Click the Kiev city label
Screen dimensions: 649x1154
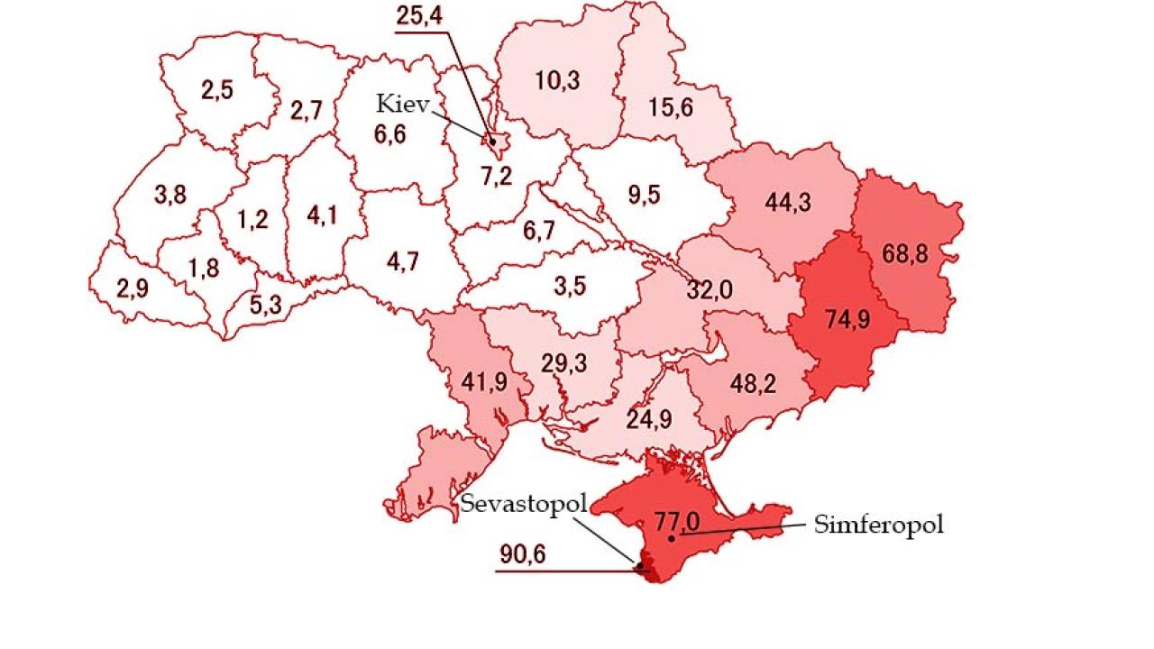point(403,103)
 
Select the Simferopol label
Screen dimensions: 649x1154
point(878,525)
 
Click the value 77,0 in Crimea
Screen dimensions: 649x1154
point(676,521)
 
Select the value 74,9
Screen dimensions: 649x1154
point(847,319)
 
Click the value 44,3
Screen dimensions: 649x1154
point(788,202)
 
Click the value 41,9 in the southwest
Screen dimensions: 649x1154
point(484,381)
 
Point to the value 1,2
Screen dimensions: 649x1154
point(253,219)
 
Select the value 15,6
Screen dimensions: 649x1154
point(671,107)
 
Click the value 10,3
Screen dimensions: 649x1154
point(557,80)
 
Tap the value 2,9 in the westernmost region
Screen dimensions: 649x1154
point(132,289)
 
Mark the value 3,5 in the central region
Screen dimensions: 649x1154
point(569,287)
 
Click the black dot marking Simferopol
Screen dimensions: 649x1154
point(672,538)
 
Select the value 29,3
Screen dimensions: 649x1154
point(564,363)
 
